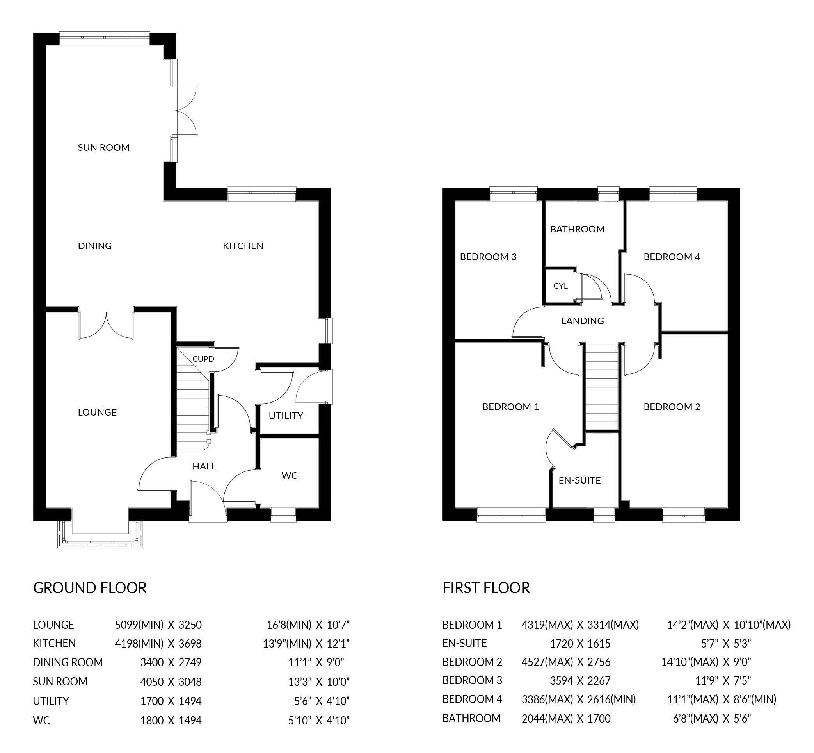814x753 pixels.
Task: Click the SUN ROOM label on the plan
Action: click(103, 148)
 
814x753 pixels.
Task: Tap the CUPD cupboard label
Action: click(203, 359)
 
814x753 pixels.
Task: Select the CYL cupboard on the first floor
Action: click(560, 286)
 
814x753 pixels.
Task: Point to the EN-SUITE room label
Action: click(579, 480)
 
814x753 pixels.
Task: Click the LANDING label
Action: click(582, 321)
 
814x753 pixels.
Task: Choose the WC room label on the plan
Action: click(289, 476)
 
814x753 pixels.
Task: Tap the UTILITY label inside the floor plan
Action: click(286, 416)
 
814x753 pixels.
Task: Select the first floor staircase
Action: click(601, 387)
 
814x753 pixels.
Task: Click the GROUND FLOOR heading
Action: click(90, 588)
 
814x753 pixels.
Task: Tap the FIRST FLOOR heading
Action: click(486, 588)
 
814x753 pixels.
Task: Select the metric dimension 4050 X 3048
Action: click(171, 682)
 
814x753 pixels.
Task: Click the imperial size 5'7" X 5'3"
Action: click(726, 644)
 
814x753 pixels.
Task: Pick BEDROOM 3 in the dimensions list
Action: click(472, 680)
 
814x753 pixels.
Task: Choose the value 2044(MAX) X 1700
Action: click(566, 719)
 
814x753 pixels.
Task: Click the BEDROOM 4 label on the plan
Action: click(672, 257)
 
